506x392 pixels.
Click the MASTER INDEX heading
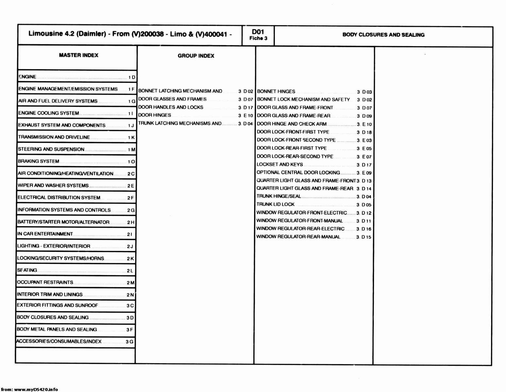78,55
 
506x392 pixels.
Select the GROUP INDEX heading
196,56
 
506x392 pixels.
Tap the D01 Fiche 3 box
258,35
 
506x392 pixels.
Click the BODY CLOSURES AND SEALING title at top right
383,35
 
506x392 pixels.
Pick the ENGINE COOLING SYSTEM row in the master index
49,113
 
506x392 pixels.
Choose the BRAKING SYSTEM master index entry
39,161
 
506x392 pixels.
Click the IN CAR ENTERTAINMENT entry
45,234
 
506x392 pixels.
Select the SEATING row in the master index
27,270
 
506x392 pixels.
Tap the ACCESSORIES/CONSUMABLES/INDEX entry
59,341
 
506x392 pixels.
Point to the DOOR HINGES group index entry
155,115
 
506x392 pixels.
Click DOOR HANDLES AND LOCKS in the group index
171,107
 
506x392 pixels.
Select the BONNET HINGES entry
276,91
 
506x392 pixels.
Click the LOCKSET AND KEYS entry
280,164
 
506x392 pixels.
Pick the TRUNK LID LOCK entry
275,204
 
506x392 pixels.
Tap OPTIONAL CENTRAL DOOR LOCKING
298,172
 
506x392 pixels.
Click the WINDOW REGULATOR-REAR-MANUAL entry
298,237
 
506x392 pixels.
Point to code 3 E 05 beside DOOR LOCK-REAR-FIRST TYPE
364,149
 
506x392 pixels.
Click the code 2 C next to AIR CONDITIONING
131,174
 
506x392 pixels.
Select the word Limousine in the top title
45,34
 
